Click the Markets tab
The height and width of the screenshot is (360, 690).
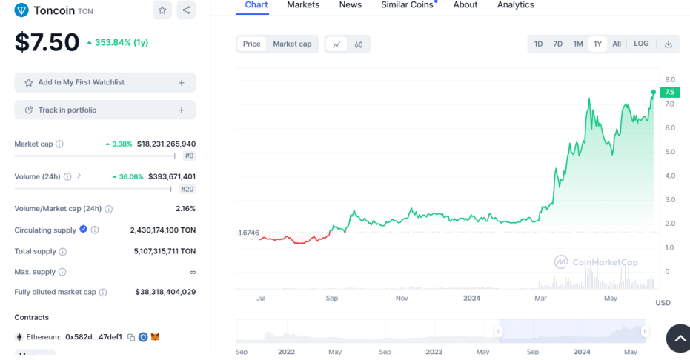tap(303, 5)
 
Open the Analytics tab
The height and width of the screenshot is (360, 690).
tap(515, 5)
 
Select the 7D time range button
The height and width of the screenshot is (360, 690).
tap(557, 44)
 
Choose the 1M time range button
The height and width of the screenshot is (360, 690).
tap(578, 44)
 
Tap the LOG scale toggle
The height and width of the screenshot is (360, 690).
tap(641, 44)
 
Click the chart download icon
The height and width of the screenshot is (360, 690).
tap(669, 44)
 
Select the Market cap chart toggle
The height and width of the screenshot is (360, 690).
tap(292, 44)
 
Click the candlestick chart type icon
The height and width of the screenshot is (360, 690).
tap(359, 44)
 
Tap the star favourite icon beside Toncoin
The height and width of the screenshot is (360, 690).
tap(162, 10)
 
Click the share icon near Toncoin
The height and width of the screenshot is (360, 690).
tap(186, 10)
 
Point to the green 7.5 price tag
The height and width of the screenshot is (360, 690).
tap(670, 92)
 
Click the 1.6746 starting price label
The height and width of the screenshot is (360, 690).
tap(248, 233)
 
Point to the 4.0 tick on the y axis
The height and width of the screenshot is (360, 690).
tap(670, 176)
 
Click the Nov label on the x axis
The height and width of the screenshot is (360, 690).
tap(402, 298)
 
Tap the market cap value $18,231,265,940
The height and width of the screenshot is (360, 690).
tap(166, 144)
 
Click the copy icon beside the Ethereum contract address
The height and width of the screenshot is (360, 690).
tap(131, 337)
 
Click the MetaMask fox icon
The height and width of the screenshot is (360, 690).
tap(155, 337)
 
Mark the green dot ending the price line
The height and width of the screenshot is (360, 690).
tap(654, 93)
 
